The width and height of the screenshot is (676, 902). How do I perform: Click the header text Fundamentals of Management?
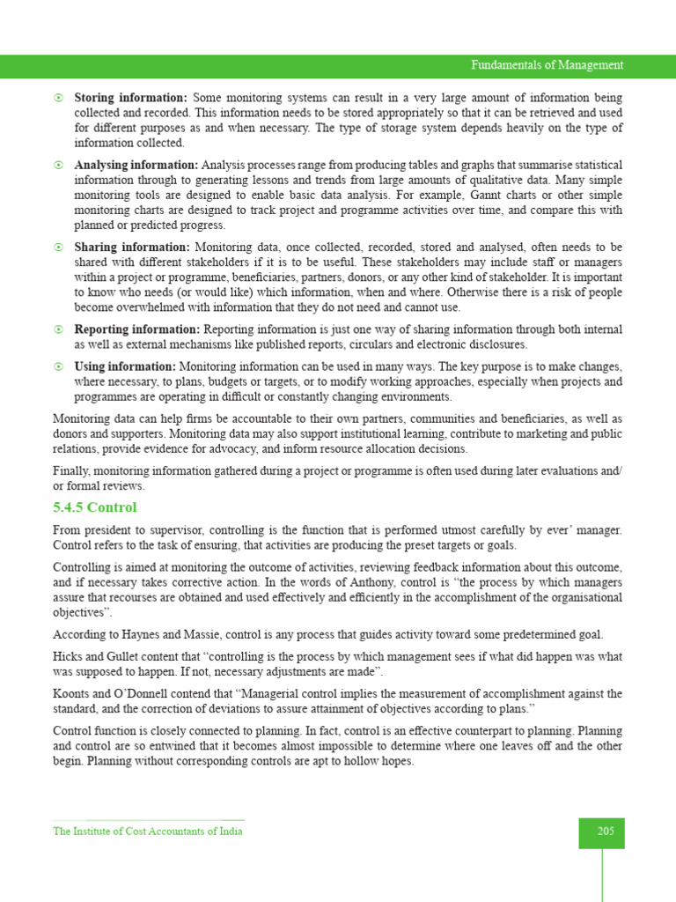click(x=547, y=65)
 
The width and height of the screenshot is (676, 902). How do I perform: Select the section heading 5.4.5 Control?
click(x=95, y=508)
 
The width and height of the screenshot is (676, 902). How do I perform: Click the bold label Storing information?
click(x=130, y=98)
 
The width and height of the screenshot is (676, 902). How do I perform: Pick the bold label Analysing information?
click(x=136, y=165)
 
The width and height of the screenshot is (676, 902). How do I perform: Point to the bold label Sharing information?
click(x=131, y=248)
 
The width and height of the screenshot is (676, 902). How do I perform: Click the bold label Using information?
click(x=125, y=366)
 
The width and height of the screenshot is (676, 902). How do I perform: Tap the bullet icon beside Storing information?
click(x=58, y=98)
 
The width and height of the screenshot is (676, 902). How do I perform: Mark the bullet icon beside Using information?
click(x=58, y=366)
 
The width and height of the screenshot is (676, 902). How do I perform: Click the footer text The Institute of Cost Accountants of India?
click(x=148, y=832)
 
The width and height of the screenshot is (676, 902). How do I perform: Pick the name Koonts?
click(x=72, y=694)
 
